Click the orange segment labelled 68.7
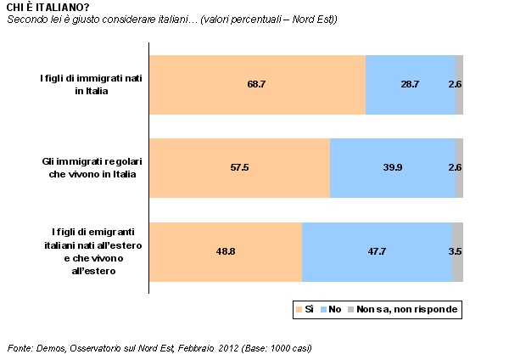(x=257, y=85)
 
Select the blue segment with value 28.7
(x=411, y=85)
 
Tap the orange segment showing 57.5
(x=239, y=168)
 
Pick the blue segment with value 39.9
(x=393, y=168)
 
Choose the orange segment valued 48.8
(x=225, y=251)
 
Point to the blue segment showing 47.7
(x=377, y=251)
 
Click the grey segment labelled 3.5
(x=457, y=251)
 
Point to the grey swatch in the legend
(x=350, y=310)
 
